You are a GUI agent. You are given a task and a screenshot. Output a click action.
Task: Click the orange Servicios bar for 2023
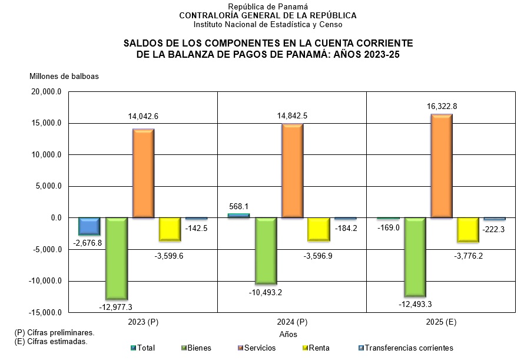[x=143, y=173]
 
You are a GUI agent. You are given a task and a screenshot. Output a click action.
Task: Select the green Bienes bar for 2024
[x=266, y=250]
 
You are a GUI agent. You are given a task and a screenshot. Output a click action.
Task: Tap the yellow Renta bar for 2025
[x=468, y=229]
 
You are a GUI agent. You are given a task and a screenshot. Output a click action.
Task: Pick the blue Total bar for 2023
[x=89, y=226]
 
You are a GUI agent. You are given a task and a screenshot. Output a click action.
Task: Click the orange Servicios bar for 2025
[x=442, y=166]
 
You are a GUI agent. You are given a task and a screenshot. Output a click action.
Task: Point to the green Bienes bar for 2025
[x=415, y=256]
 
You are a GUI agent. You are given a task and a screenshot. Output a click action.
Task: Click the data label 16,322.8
[x=442, y=106]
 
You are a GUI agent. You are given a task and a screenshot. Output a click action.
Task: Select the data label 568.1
[x=238, y=206]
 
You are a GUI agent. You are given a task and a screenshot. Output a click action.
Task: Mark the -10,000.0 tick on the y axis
[x=45, y=281]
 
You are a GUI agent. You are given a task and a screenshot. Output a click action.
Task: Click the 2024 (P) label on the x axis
[x=293, y=323]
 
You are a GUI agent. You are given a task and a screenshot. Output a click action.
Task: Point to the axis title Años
[x=288, y=335]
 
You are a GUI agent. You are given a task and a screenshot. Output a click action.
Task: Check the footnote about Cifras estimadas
[x=51, y=341]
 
